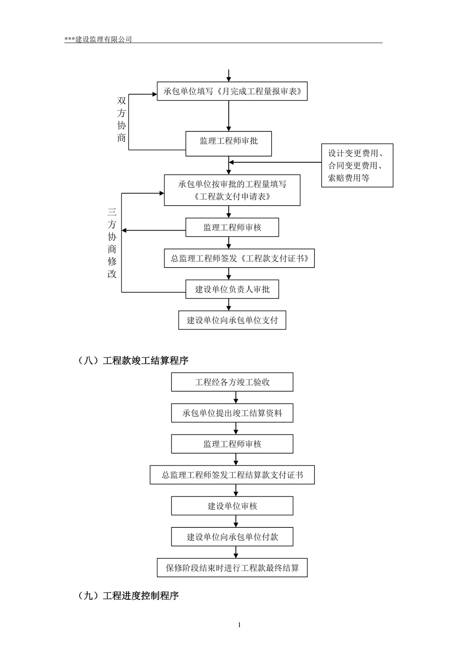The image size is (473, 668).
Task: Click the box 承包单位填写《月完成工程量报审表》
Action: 232,91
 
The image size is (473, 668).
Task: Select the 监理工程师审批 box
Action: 228,144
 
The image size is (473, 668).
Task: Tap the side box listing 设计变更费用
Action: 357,165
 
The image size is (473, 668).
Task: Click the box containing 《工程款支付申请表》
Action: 232,190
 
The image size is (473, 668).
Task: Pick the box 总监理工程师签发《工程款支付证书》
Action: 239,258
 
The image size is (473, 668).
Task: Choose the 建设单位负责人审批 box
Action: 232,289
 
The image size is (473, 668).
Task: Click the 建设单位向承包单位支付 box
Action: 232,320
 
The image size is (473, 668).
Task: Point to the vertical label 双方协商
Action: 122,120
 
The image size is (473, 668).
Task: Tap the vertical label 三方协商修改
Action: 112,243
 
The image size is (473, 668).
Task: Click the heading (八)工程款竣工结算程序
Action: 133,360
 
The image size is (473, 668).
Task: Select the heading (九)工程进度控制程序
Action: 129,595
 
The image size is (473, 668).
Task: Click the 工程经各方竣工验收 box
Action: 232,382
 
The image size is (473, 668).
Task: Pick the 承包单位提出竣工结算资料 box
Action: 232,413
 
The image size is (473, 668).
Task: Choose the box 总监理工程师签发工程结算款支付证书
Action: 232,475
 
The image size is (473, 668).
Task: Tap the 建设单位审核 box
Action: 232,506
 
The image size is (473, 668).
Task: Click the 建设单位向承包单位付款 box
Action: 232,537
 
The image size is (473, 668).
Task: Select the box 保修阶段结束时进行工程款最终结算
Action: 232,568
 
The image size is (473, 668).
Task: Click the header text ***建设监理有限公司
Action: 98,39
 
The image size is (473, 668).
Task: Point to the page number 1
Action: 239,625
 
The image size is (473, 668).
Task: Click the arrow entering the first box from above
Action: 229,76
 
